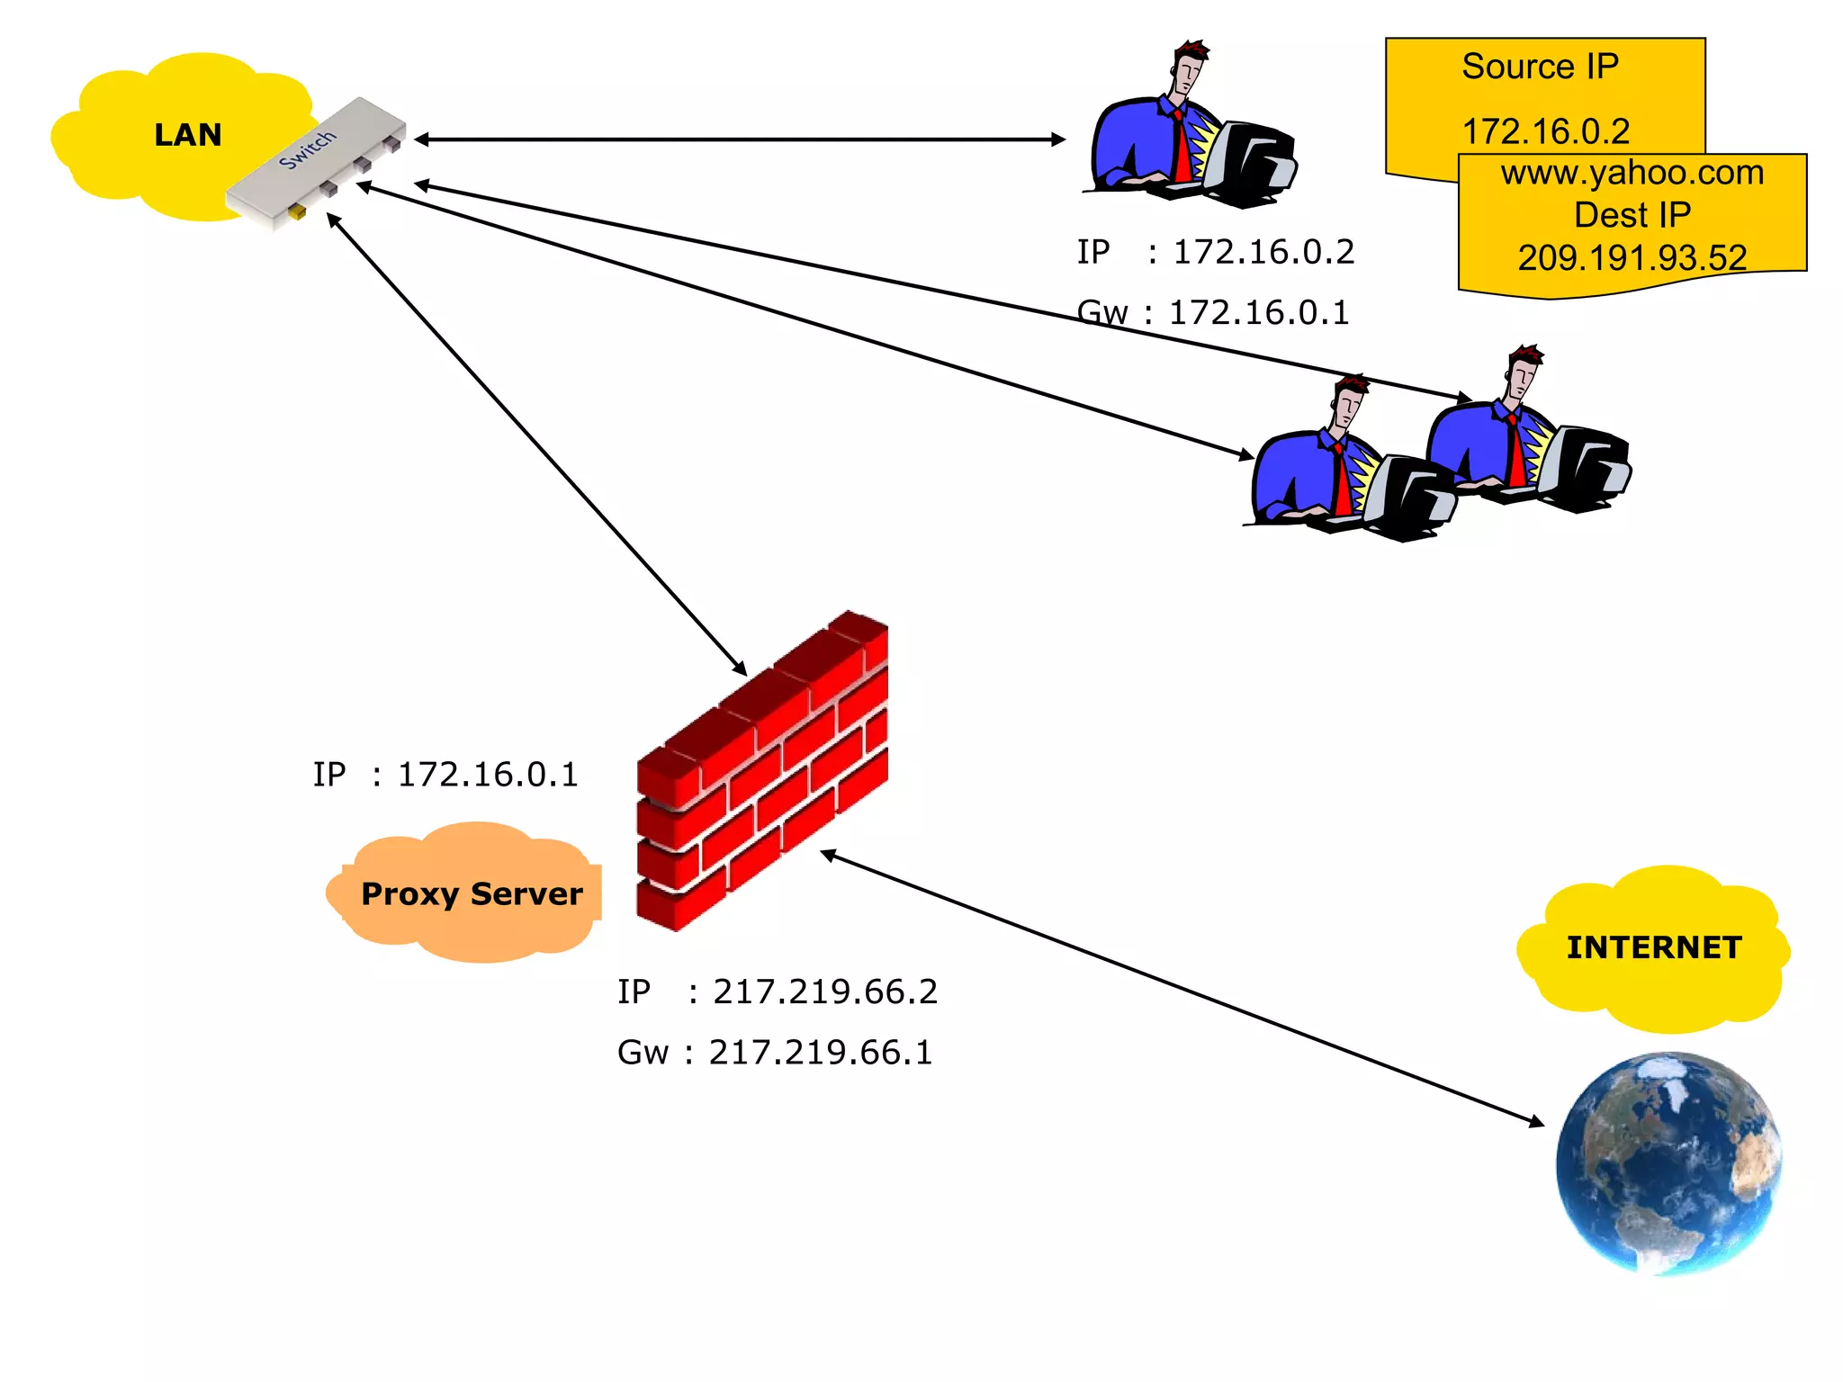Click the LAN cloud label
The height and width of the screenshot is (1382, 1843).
tap(187, 135)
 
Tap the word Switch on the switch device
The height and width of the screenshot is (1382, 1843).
tap(307, 149)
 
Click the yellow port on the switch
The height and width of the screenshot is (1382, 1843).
tap(296, 212)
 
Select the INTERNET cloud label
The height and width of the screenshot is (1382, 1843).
tap(1654, 947)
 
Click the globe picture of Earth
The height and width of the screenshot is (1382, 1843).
tap(1668, 1162)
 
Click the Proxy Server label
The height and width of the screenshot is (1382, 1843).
tap(472, 893)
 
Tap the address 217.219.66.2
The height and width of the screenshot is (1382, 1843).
tap(824, 992)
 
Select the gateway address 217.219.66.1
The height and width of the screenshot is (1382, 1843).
tap(820, 1052)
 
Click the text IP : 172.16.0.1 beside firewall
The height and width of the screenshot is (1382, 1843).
tap(445, 775)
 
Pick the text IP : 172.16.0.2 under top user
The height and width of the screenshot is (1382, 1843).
tap(1215, 252)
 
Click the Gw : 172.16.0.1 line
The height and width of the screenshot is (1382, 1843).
tap(1213, 312)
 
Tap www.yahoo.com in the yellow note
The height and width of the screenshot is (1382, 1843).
tap(1632, 173)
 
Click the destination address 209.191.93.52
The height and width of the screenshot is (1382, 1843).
tap(1632, 258)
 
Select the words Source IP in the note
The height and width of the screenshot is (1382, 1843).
tap(1540, 67)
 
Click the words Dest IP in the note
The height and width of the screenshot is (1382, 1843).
tap(1632, 215)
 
